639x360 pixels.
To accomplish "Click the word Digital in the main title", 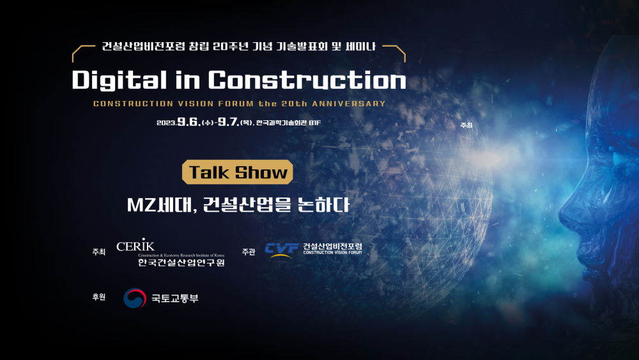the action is click(119, 80).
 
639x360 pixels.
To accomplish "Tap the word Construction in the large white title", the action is click(307, 80).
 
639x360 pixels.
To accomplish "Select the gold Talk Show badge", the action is click(238, 172).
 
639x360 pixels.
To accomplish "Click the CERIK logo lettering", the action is click(135, 245).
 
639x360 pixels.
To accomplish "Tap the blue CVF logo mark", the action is click(282, 250).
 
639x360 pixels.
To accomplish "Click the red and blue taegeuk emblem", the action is click(135, 298).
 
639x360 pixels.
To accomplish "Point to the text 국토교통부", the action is click(175, 299).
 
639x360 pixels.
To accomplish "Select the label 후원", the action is click(99, 297).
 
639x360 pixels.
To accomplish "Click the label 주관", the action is click(249, 252).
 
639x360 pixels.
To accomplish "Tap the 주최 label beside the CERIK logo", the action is click(99, 252).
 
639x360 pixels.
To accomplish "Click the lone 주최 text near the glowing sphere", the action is click(466, 125).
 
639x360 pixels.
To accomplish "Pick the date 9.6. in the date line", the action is click(189, 121).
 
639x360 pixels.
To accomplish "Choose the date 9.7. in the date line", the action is click(229, 121).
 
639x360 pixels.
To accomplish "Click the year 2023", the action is click(167, 123).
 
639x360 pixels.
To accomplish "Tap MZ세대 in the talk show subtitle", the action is click(160, 205).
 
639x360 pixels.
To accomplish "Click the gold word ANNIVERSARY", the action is click(349, 104).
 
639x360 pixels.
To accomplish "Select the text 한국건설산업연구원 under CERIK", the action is click(181, 262).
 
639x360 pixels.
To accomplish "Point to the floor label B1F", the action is click(314, 122).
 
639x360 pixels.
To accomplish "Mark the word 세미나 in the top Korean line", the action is click(360, 46).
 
